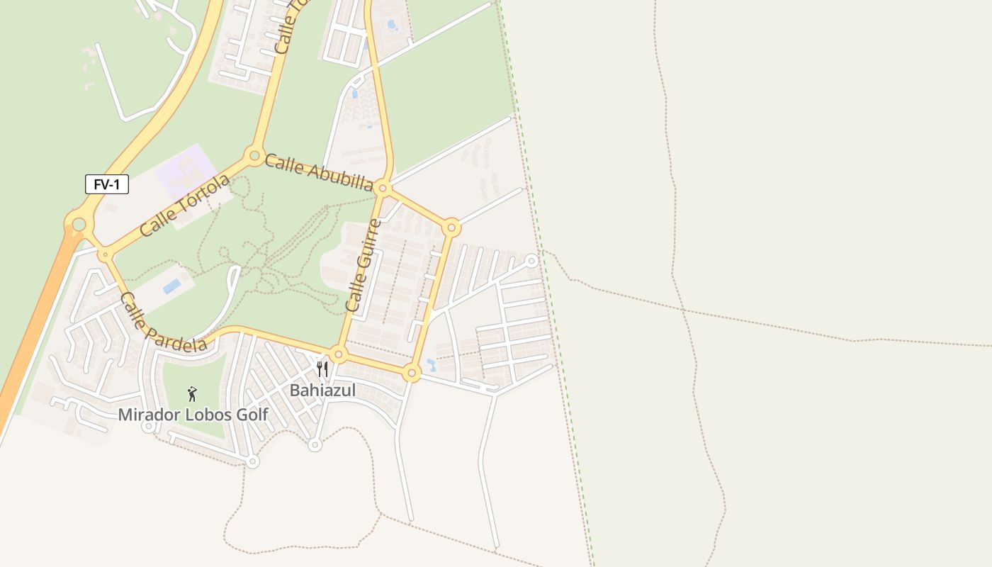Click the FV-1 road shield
pyautogui.click(x=107, y=185)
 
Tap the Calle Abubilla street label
pyautogui.click(x=319, y=172)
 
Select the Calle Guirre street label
pyautogui.click(x=363, y=266)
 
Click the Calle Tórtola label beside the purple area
pyautogui.click(x=185, y=206)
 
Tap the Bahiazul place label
pyautogui.click(x=322, y=391)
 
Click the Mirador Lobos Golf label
pyautogui.click(x=193, y=415)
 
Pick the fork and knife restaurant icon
pyautogui.click(x=322, y=369)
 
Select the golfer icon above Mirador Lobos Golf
pyautogui.click(x=192, y=394)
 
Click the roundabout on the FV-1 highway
pyautogui.click(x=79, y=225)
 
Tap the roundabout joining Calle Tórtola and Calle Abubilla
pyautogui.click(x=254, y=155)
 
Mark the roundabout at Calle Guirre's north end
pyautogui.click(x=383, y=189)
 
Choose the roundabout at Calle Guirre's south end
pyautogui.click(x=339, y=354)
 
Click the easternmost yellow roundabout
pyautogui.click(x=451, y=228)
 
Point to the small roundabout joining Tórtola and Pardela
pyautogui.click(x=106, y=254)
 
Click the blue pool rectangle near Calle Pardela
pyautogui.click(x=171, y=286)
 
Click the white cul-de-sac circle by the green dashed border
pyautogui.click(x=531, y=261)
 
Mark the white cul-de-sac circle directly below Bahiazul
pyautogui.click(x=315, y=445)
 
